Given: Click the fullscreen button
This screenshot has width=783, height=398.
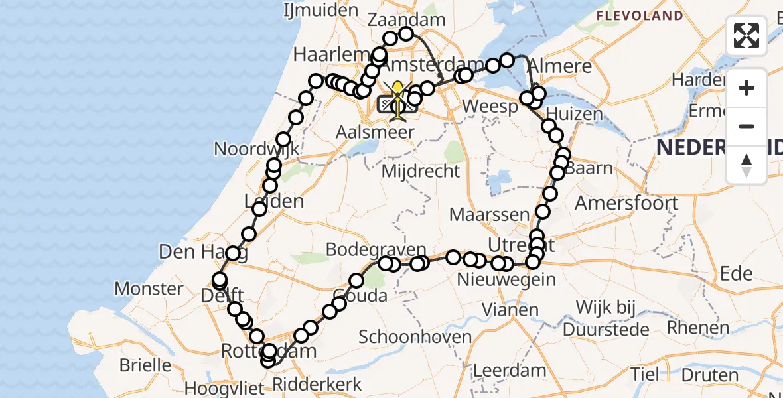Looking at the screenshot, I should [747, 36].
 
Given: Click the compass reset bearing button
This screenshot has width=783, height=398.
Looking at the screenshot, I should [747, 165].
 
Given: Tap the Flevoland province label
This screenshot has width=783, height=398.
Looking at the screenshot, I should [639, 15].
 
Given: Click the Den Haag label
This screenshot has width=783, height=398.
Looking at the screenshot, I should [186, 252].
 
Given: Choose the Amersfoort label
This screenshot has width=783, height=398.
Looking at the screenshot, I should [626, 203].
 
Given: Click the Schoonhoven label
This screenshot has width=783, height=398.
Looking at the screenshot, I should [415, 336].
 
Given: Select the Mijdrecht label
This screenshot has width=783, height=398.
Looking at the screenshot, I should [421, 171].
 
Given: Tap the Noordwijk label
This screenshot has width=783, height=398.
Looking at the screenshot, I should [257, 148].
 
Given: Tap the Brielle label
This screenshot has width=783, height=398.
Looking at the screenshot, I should [145, 365].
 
